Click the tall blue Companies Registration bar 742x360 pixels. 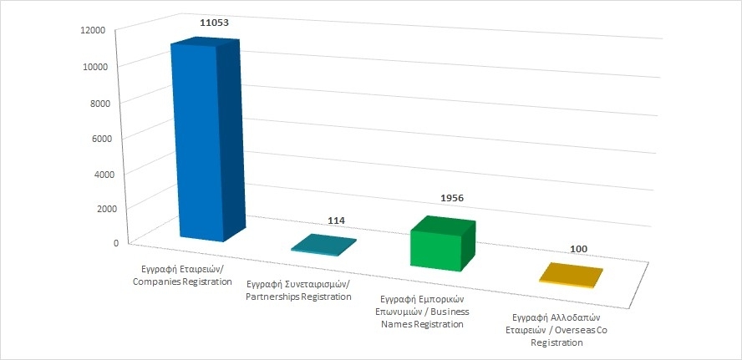coord(197,142)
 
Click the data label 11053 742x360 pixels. coord(214,23)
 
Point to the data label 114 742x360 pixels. coord(336,221)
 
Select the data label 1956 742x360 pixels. coord(450,198)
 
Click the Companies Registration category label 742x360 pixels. coord(182,276)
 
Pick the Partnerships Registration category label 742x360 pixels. coord(299,291)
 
